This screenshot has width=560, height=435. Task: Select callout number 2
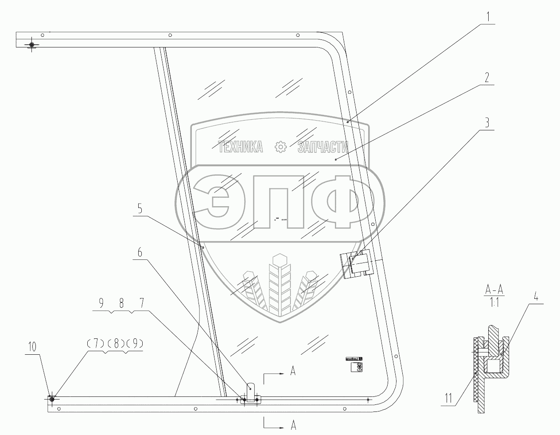pyautogui.click(x=487, y=78)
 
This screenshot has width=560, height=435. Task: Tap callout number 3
pyautogui.click(x=487, y=123)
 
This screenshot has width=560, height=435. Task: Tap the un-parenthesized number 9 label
pyautogui.click(x=101, y=304)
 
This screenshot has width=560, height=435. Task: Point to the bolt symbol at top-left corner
pyautogui.click(x=31, y=45)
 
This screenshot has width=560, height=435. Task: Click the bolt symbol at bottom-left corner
pyautogui.click(x=52, y=399)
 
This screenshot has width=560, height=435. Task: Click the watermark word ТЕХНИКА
pyautogui.click(x=241, y=147)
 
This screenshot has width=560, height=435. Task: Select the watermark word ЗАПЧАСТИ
pyautogui.click(x=323, y=147)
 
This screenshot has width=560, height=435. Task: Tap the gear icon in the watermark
pyautogui.click(x=281, y=147)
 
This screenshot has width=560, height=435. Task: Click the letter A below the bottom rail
pyautogui.click(x=293, y=426)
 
